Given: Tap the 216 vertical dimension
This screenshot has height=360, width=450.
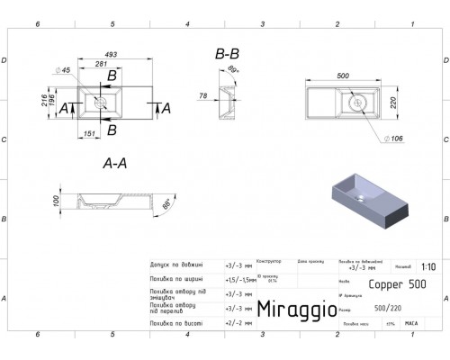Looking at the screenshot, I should [45, 100].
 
